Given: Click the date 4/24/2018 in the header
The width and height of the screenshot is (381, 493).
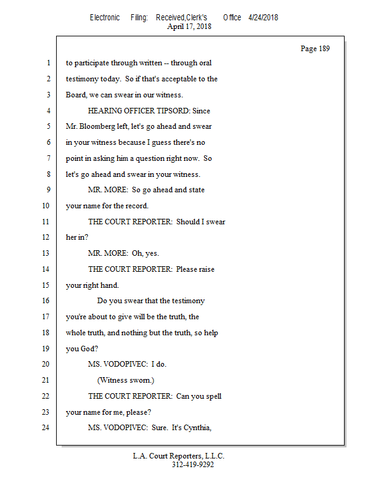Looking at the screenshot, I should click(263, 17).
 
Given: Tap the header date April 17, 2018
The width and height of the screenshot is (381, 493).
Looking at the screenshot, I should click(189, 26).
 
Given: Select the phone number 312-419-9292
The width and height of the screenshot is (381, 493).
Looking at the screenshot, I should click(193, 465).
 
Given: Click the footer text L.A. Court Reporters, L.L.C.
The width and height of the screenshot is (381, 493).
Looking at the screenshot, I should click(179, 456).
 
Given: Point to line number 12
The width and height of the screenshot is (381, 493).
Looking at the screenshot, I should click(47, 237).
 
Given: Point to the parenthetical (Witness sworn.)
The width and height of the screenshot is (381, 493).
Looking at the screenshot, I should click(126, 380).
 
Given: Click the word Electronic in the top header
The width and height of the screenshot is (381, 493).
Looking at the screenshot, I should click(105, 17).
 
